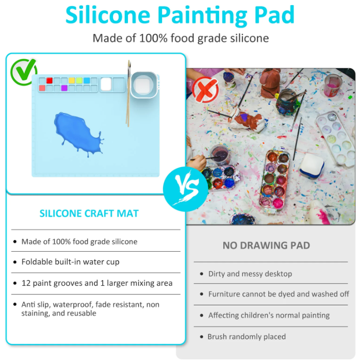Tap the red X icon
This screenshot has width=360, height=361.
click(205, 90)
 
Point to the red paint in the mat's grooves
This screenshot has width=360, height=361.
click(50, 81)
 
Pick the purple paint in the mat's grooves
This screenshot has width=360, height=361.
click(64, 88)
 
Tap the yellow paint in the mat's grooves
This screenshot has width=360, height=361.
click(72, 81)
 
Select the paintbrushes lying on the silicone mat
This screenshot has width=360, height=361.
click(128, 93)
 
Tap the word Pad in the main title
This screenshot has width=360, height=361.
click(274, 15)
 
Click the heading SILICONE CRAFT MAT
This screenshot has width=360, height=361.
click(89, 214)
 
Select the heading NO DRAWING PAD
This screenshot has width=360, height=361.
click(266, 245)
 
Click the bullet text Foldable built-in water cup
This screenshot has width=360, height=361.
click(70, 262)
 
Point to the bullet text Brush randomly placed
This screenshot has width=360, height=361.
click(246, 337)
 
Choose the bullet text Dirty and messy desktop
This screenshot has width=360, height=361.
click(250, 274)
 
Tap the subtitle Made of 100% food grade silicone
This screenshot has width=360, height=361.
click(180, 39)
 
